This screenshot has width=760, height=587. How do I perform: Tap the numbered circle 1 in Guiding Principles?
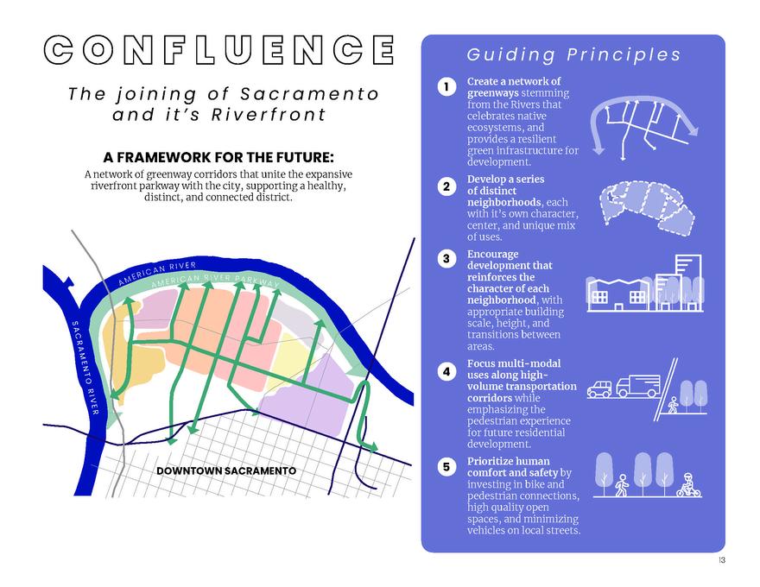coord(446,87)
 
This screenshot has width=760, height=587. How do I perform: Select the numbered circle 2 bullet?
coord(446,186)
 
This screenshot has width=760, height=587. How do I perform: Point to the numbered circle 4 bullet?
coord(446,371)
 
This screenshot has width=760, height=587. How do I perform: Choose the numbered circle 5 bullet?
coord(446,467)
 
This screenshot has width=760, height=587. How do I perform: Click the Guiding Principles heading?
coord(573,55)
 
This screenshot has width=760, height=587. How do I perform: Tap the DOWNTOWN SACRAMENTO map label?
coord(226,470)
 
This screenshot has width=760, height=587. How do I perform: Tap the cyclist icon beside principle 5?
coord(688,486)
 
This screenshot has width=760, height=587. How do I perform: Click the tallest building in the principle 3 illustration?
coord(687,281)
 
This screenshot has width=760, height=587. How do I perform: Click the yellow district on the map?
coord(285,363)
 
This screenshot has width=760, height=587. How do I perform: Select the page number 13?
coord(721,561)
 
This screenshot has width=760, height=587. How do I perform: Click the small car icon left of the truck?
coord(599,389)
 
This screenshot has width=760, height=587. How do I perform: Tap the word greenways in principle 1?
coord(492,92)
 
